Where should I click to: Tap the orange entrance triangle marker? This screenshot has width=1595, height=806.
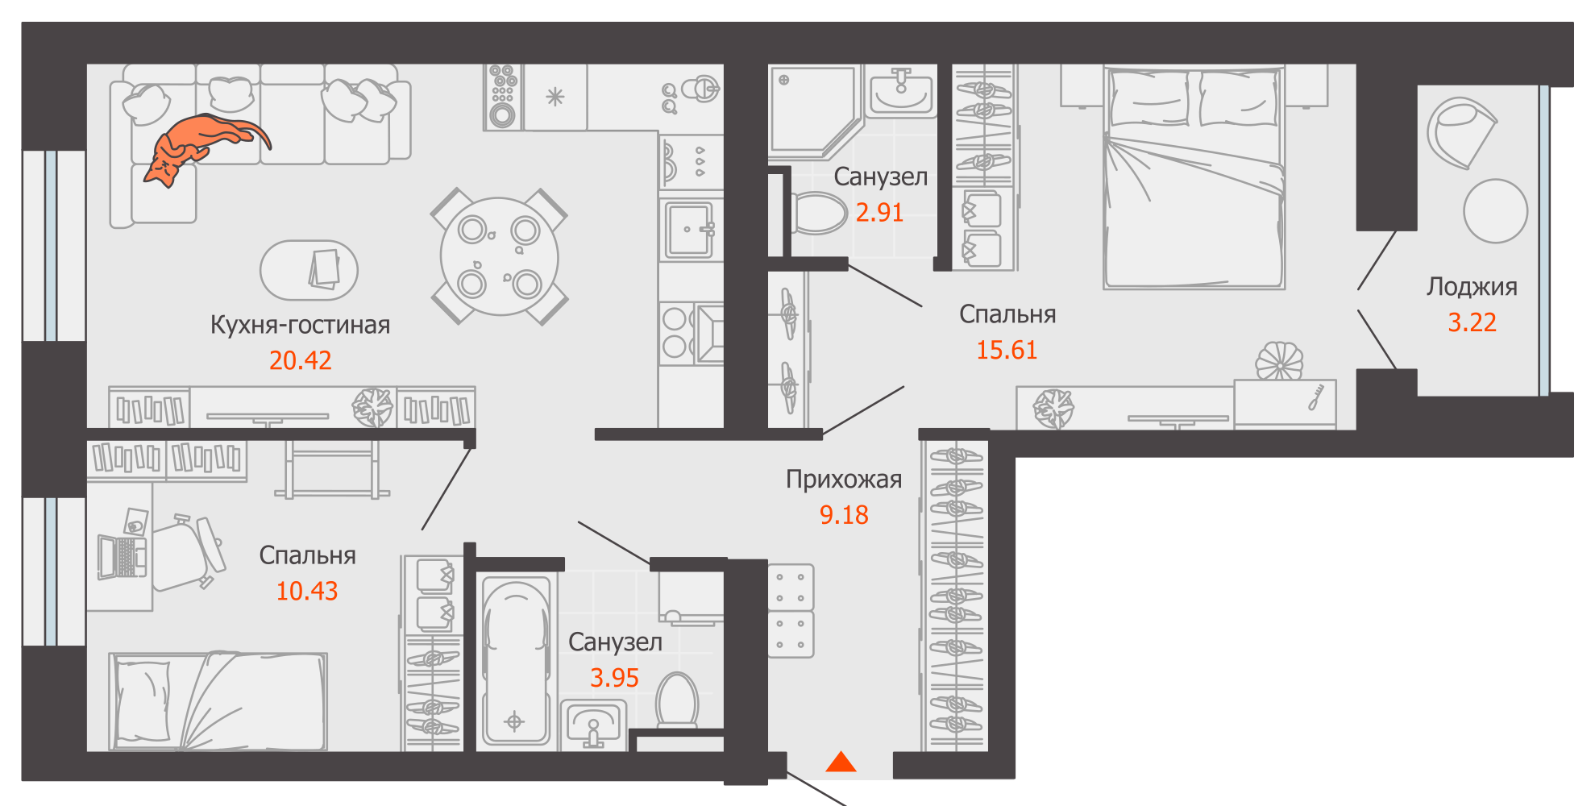pyautogui.click(x=841, y=762)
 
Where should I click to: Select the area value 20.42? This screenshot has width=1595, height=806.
pyautogui.click(x=300, y=360)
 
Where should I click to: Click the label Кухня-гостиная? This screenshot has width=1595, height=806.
pyautogui.click(x=300, y=325)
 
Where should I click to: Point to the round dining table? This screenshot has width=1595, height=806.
pyautogui.click(x=499, y=256)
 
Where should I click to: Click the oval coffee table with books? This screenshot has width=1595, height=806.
pyautogui.click(x=309, y=270)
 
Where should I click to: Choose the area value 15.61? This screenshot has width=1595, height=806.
pyautogui.click(x=1007, y=350)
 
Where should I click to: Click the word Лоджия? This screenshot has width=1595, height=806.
pyautogui.click(x=1472, y=287)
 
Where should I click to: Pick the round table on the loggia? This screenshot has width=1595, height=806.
pyautogui.click(x=1495, y=211)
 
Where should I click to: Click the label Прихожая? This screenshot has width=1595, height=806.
pyautogui.click(x=844, y=480)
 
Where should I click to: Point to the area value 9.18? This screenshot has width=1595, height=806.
pyautogui.click(x=844, y=515)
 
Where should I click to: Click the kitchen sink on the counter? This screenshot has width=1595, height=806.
pyautogui.click(x=690, y=230)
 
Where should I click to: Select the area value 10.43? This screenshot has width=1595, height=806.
pyautogui.click(x=307, y=591)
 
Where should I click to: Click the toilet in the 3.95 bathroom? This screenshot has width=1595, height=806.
pyautogui.click(x=677, y=701)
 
